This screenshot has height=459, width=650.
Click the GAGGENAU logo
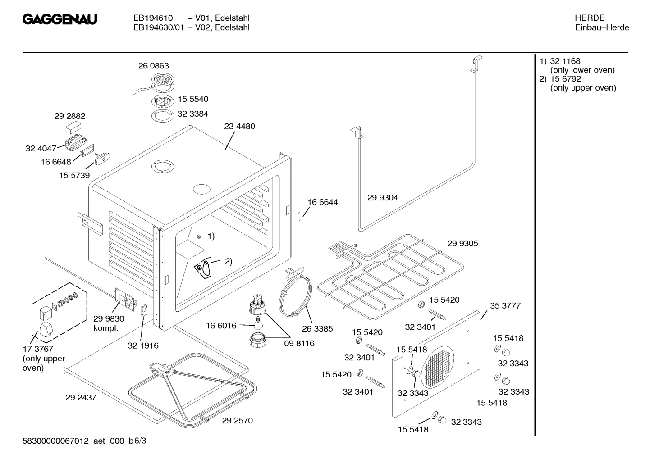(60, 19)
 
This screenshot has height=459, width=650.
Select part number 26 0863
(153, 66)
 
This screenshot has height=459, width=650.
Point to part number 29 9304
(383, 197)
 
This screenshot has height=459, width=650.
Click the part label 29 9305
(462, 243)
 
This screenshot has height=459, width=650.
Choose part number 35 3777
(505, 305)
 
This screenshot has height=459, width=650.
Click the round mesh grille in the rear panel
(437, 367)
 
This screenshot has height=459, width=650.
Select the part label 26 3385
(317, 328)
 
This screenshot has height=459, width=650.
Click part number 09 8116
(299, 343)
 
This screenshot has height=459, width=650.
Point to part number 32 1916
(143, 345)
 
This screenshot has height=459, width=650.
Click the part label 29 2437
(81, 398)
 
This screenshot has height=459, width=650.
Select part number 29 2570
(237, 420)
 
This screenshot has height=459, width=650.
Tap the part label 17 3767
(38, 349)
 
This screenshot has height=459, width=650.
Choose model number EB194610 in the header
(153, 18)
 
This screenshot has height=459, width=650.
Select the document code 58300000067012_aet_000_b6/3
(84, 440)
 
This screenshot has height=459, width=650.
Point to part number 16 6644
(322, 202)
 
